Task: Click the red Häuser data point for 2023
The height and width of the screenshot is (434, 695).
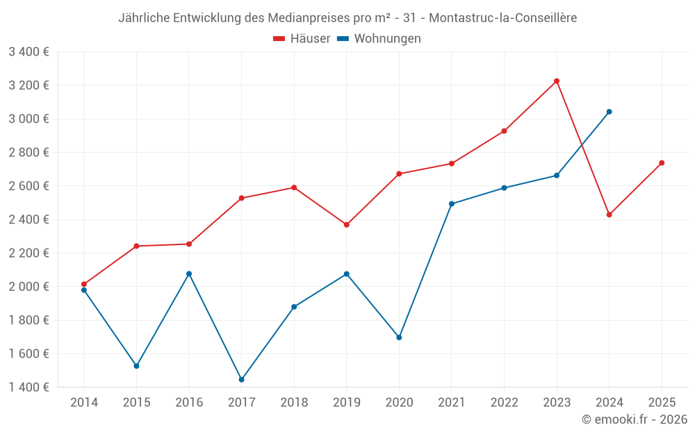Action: tap(557, 81)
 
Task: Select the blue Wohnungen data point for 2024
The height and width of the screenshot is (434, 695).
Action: tap(609, 112)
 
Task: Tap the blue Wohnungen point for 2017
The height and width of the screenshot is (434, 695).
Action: tap(241, 380)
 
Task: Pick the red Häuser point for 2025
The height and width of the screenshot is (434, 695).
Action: tap(662, 163)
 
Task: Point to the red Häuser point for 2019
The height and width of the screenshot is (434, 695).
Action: tap(346, 225)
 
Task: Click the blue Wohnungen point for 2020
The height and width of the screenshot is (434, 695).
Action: tap(399, 337)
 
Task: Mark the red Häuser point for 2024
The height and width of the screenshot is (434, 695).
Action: tap(609, 215)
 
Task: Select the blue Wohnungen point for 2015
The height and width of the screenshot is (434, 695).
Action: tap(136, 366)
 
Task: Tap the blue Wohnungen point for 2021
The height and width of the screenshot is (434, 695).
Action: tap(452, 204)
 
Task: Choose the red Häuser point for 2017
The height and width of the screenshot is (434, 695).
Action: tap(241, 199)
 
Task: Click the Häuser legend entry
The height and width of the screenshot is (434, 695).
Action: tap(302, 39)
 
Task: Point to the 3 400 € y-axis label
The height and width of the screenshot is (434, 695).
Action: tap(28, 52)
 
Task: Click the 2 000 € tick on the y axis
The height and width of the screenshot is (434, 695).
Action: tap(28, 287)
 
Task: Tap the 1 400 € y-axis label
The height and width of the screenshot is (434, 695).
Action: tap(28, 387)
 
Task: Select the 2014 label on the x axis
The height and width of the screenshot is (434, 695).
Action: tap(84, 403)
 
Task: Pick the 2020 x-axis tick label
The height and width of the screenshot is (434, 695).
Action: tap(399, 403)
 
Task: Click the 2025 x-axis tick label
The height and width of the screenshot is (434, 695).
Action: tap(662, 403)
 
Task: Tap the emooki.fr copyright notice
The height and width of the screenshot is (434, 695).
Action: tap(634, 419)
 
